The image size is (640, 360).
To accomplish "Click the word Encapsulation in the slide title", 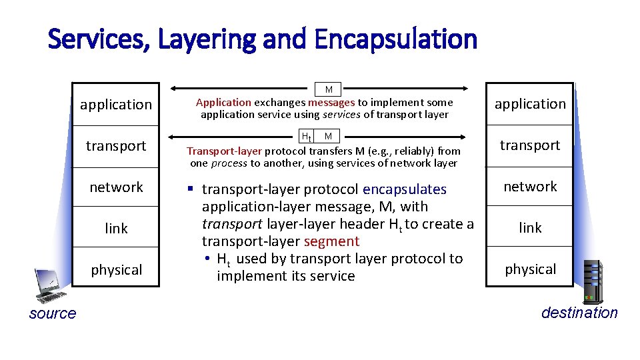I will (396, 39).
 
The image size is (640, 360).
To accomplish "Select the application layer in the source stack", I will (116, 105).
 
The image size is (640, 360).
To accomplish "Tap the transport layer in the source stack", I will (116, 146).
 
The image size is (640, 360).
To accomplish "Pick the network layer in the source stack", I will (116, 187).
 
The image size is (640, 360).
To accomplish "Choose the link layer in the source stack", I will (116, 229).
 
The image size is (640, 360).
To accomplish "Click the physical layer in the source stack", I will (116, 270).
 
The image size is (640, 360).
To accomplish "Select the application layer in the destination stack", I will (530, 104).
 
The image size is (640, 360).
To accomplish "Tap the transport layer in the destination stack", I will (530, 145).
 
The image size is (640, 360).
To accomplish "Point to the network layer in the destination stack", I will (530, 187).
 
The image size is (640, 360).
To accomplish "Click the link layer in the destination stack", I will (530, 228).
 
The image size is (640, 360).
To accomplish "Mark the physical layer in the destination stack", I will (530, 269).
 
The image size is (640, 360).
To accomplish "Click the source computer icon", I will (49, 286).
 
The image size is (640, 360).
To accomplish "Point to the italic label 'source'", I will (53, 314).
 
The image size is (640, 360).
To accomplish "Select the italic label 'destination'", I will (579, 313).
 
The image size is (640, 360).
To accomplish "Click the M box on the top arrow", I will (329, 89).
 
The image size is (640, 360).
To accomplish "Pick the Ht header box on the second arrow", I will (307, 137).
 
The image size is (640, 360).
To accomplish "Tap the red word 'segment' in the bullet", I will (331, 241).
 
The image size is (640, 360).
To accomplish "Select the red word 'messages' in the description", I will (331, 103).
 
